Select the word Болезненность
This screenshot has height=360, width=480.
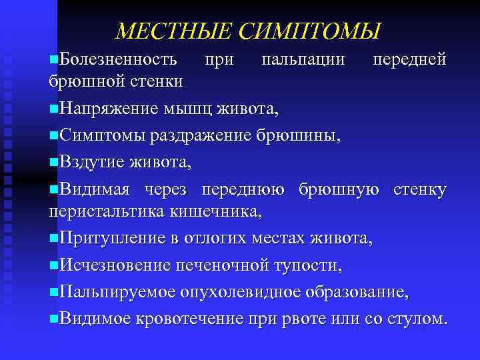[x=118, y=60]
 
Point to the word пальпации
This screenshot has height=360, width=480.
[x=303, y=60]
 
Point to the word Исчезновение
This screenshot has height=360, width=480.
[x=114, y=266]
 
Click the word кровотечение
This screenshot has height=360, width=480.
[x=189, y=318]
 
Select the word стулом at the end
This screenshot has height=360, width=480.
[x=417, y=318]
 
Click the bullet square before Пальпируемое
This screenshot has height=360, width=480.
[x=53, y=292]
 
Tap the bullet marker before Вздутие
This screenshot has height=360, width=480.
[x=53, y=162]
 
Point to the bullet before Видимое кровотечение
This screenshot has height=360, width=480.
[x=53, y=318]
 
